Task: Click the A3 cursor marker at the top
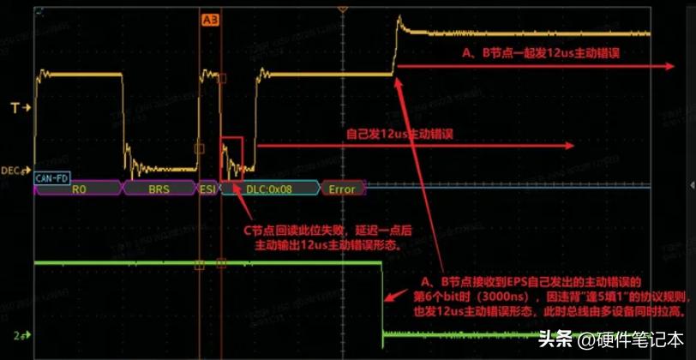(209, 18)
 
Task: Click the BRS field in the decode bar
(159, 189)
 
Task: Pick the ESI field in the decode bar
(208, 189)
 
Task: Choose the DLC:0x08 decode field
(267, 189)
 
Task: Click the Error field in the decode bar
(342, 189)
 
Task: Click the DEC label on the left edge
(13, 171)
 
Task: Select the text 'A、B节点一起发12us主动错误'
(541, 53)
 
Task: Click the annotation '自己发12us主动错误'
(399, 134)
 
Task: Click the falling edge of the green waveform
(381, 300)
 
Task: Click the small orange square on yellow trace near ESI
(200, 148)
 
